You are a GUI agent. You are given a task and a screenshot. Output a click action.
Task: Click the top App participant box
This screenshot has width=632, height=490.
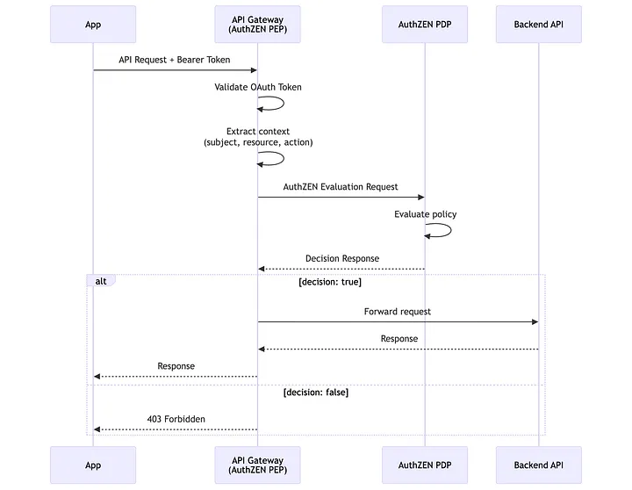tap(93, 25)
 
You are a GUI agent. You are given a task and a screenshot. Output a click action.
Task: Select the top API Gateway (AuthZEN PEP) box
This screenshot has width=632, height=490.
tap(257, 25)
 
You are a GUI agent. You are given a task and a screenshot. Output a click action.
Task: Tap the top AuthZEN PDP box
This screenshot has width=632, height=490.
tap(425, 25)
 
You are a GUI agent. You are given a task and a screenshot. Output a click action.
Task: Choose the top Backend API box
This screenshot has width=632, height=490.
tap(538, 25)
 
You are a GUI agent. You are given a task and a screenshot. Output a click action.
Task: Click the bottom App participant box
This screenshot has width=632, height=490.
tap(93, 465)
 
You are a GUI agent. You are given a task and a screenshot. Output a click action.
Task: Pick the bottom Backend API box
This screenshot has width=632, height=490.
tap(538, 465)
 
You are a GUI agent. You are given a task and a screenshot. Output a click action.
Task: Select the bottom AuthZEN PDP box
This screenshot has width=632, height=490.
tap(425, 465)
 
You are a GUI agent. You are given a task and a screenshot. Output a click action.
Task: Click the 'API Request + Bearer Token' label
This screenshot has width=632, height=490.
tap(175, 60)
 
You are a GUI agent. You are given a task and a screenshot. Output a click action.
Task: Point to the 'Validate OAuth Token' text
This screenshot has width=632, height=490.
tap(258, 87)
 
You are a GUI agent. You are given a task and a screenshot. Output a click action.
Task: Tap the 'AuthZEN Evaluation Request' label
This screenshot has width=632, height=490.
tap(341, 186)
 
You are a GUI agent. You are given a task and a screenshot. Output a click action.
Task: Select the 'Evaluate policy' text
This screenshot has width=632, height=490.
tap(425, 214)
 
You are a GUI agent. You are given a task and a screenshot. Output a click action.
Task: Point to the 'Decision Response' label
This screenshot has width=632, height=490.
tap(342, 258)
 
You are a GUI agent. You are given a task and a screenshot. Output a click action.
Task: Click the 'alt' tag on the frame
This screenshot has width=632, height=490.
tap(101, 281)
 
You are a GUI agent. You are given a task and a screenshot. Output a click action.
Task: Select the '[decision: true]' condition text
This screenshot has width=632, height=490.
tap(330, 282)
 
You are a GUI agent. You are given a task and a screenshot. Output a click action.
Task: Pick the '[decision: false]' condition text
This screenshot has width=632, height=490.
tap(316, 393)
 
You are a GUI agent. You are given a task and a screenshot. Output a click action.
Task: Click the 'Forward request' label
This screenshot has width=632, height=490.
tap(398, 311)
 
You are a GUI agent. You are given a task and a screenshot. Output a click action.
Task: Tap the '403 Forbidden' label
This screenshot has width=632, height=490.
tap(176, 419)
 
